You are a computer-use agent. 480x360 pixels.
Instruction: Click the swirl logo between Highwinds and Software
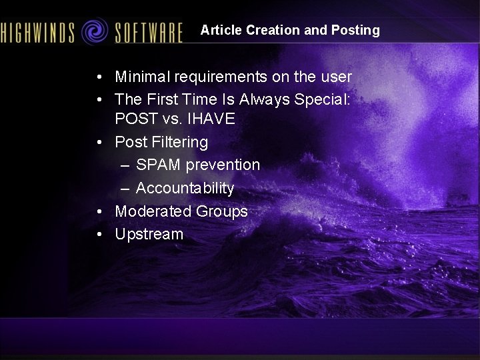[95, 31]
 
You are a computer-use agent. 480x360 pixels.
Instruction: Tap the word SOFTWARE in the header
[148, 32]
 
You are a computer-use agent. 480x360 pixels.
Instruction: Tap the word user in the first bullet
[335, 77]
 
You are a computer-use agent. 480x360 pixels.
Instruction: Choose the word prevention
[223, 165]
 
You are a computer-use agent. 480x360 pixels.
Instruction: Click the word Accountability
[185, 189]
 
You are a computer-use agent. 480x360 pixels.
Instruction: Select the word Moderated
[153, 211]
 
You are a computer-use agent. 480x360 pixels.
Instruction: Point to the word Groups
[222, 211]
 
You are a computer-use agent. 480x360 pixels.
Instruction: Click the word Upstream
[149, 235]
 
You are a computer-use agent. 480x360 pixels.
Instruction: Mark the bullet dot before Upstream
[98, 235]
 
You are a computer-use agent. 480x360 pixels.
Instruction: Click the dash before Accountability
[125, 189]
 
